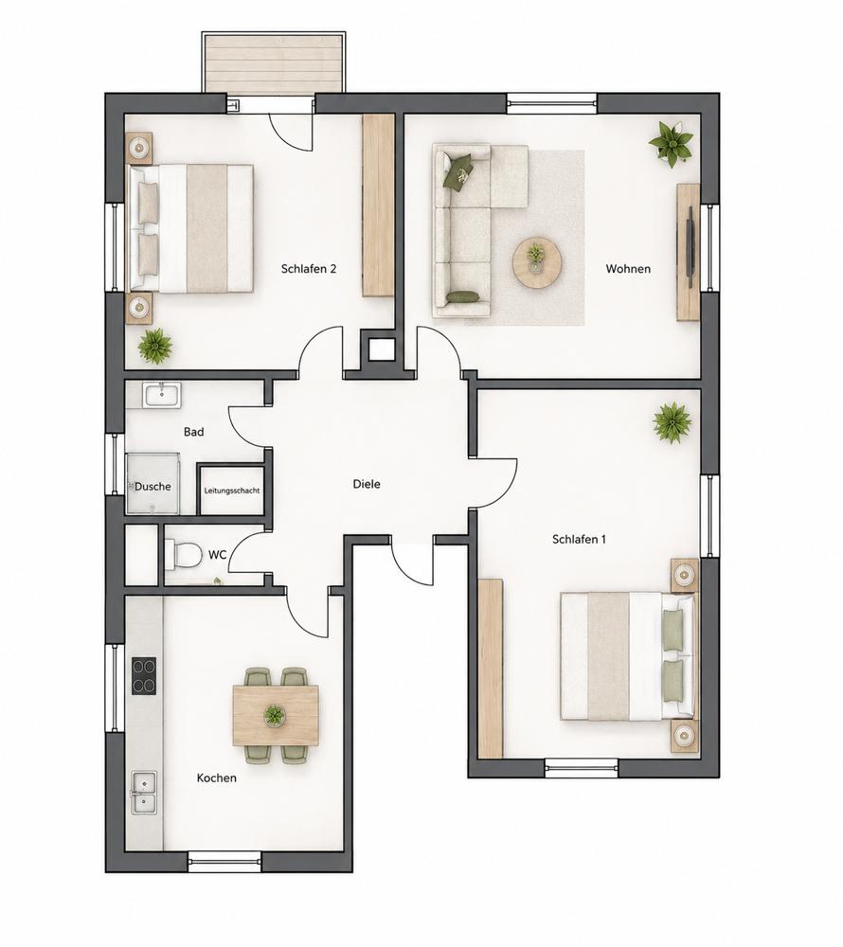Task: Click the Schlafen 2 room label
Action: pyautogui.click(x=308, y=269)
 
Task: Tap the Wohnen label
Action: pyautogui.click(x=628, y=269)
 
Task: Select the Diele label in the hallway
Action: pyautogui.click(x=367, y=484)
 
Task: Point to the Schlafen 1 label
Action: pyautogui.click(x=579, y=540)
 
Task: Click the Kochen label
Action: pyautogui.click(x=216, y=777)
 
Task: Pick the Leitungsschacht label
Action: pyautogui.click(x=232, y=491)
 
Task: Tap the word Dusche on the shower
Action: pyautogui.click(x=152, y=486)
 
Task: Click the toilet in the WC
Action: pyautogui.click(x=183, y=554)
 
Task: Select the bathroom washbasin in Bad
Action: pyautogui.click(x=162, y=395)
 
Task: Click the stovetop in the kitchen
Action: pyautogui.click(x=144, y=676)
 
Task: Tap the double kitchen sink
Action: pyautogui.click(x=144, y=793)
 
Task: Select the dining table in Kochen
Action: pyautogui.click(x=276, y=716)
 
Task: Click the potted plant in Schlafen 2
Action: pyautogui.click(x=155, y=346)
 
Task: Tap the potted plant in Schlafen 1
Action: pyautogui.click(x=672, y=422)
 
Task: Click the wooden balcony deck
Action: pyautogui.click(x=274, y=63)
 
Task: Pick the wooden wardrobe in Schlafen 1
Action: pyautogui.click(x=491, y=668)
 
